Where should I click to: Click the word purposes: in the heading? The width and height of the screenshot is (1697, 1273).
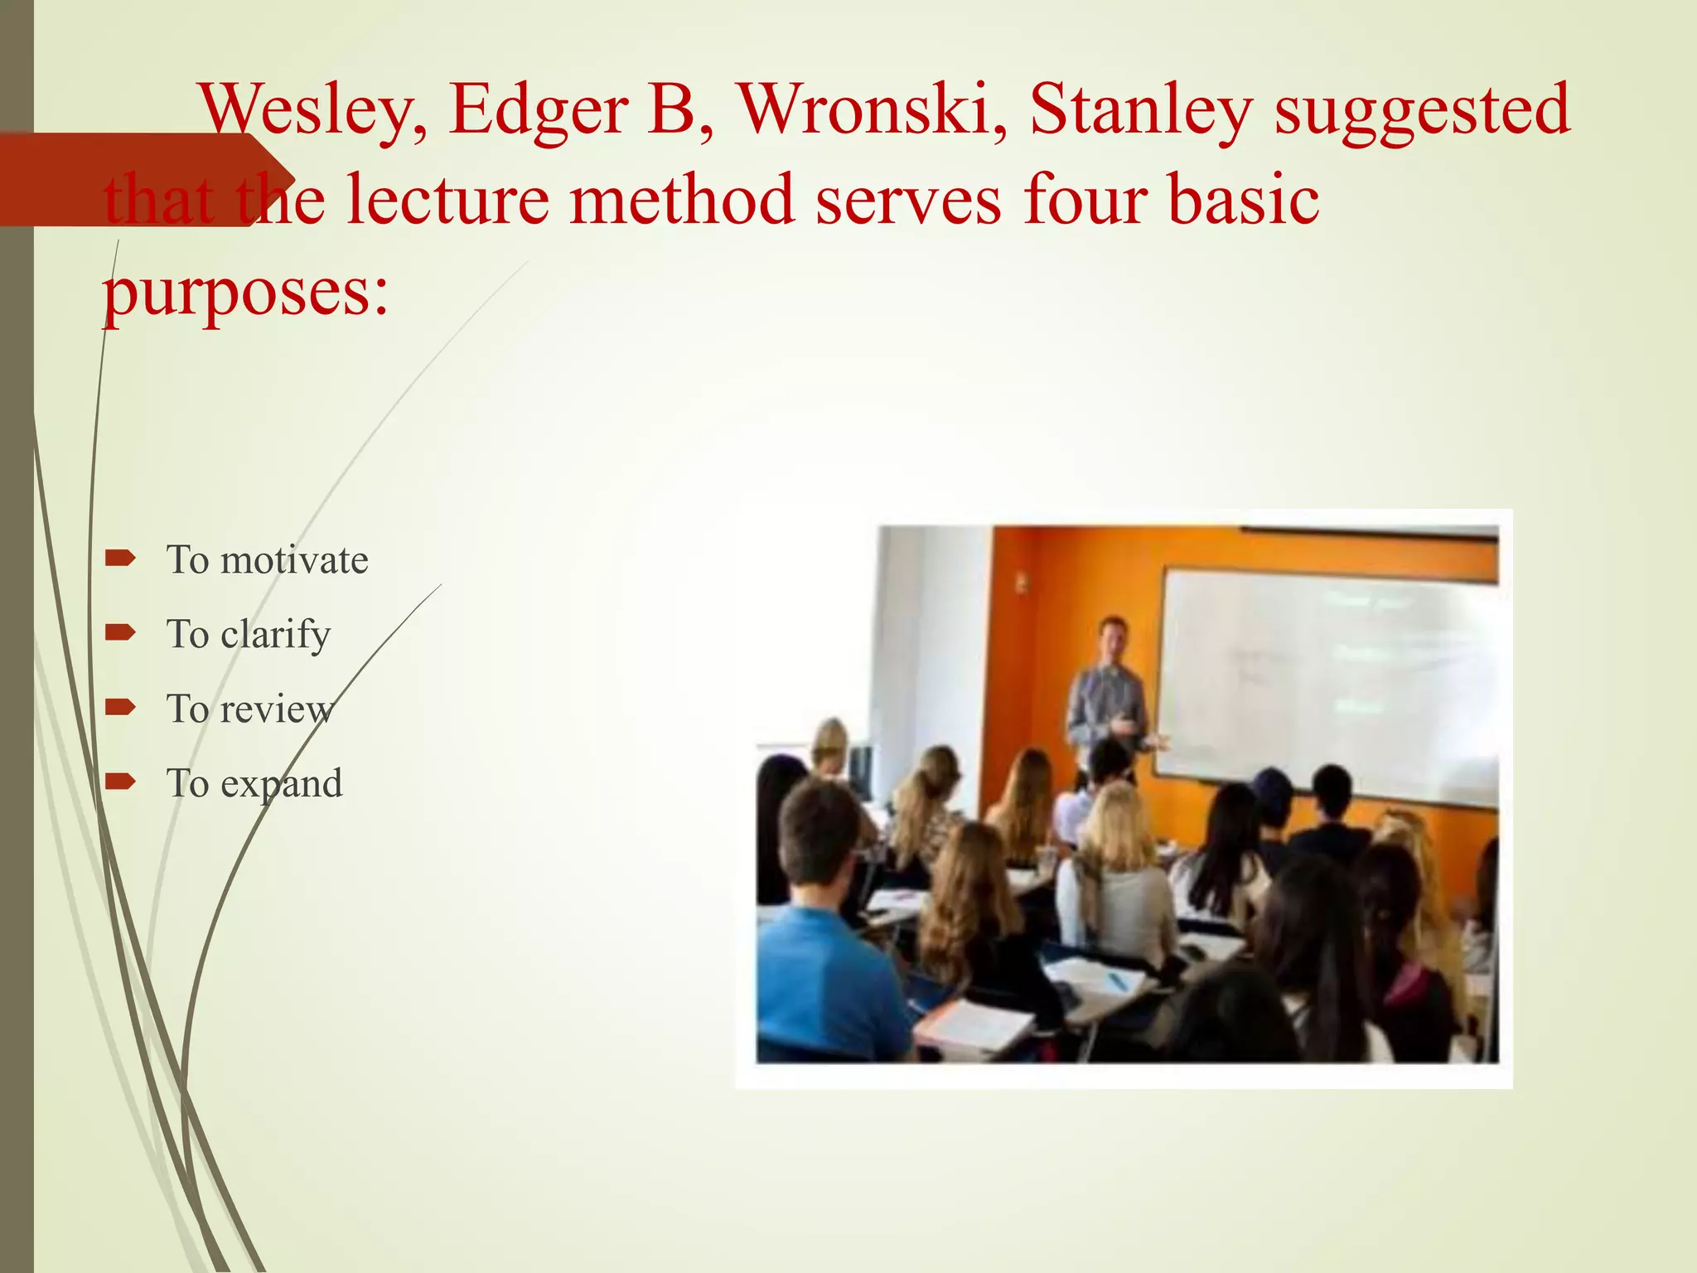point(245,293)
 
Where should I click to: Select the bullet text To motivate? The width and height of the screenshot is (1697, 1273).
point(267,560)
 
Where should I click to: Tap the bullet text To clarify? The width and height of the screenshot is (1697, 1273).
point(249,635)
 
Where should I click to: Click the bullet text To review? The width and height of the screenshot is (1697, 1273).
point(249,709)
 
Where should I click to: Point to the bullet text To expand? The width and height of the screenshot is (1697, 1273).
point(254,784)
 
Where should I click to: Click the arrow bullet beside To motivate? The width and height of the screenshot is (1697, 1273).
point(120,559)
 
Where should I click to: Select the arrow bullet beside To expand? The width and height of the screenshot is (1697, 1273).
point(120,782)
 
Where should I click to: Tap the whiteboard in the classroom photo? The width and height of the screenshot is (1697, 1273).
point(1326,680)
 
